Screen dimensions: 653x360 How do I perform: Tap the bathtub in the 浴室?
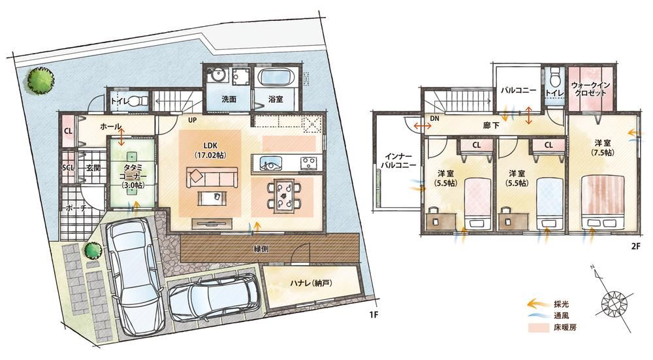coord(278,78)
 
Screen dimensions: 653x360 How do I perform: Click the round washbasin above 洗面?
coord(217,78)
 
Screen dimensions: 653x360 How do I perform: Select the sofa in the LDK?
coord(212,177)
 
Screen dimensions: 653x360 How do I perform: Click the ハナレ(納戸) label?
coord(311,284)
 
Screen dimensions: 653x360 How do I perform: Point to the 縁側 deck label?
coord(261,249)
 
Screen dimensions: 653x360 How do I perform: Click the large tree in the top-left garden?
coord(40,79)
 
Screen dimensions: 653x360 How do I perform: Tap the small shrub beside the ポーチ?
coord(93,250)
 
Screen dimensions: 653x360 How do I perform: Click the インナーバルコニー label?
coord(400,161)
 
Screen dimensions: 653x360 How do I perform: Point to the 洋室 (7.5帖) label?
coord(602,148)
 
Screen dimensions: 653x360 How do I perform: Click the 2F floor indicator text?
coord(635,246)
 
